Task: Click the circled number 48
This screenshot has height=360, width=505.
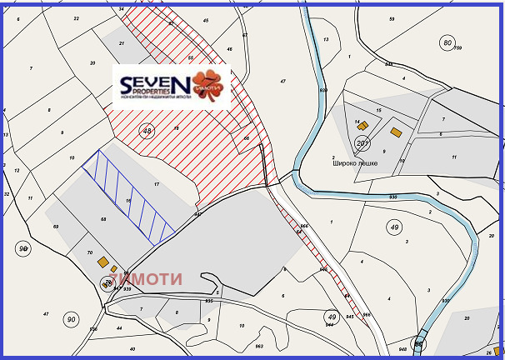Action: tap(147, 131)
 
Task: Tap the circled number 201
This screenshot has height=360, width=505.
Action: tap(362, 144)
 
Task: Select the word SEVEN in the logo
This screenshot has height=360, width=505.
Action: tap(155, 83)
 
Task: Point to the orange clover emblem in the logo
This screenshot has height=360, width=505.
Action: tap(208, 86)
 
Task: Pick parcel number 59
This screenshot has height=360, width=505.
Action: tap(392, 17)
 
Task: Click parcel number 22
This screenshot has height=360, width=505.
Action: tap(77, 17)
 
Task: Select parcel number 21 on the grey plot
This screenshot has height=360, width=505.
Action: tap(122, 42)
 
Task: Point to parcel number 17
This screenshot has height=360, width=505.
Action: tap(156, 183)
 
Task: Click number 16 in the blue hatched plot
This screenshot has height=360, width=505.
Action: tap(128, 201)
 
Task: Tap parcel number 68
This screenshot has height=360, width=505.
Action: tap(103, 219)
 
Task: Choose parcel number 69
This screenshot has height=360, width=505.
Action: tap(56, 227)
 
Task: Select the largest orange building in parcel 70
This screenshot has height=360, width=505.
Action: tap(103, 262)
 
